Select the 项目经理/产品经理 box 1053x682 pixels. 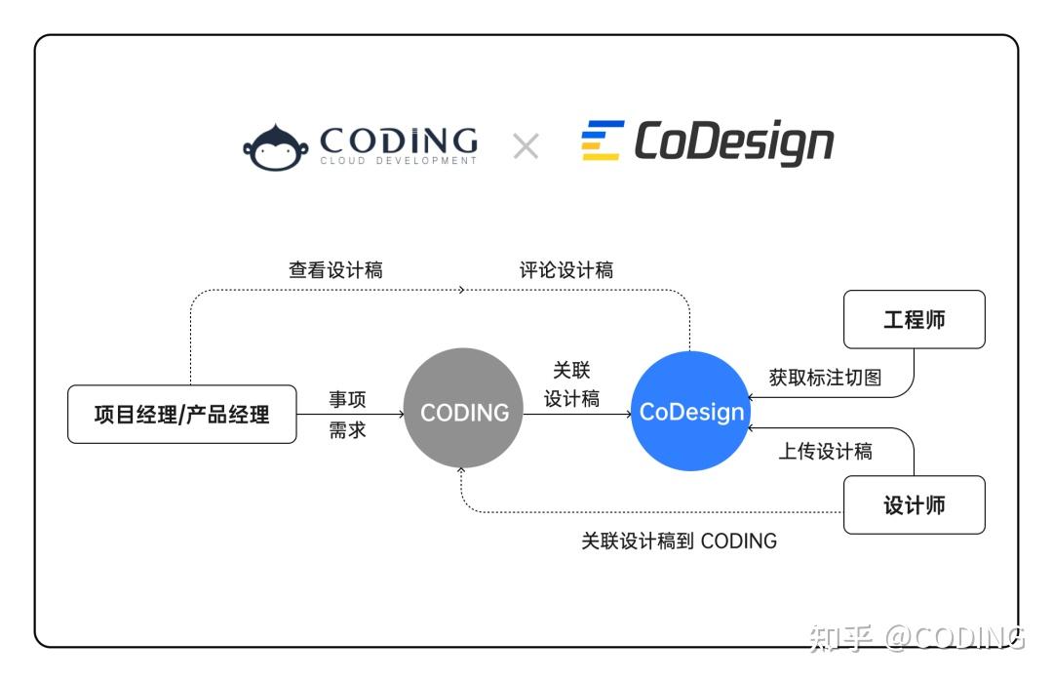click(182, 415)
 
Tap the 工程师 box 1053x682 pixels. click(914, 319)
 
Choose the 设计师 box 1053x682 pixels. click(914, 505)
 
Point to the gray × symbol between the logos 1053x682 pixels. click(526, 146)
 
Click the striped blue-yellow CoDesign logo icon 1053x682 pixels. click(602, 140)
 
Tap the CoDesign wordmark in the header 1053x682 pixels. click(733, 142)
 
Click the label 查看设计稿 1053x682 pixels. click(335, 270)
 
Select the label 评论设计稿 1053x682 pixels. click(566, 270)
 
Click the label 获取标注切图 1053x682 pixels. click(825, 378)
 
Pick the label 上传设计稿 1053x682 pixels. click(825, 451)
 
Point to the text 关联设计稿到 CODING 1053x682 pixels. click(679, 541)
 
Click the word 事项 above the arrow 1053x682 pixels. click(347, 399)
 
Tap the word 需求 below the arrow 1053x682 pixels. click(347, 430)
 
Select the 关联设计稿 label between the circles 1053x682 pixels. click(571, 384)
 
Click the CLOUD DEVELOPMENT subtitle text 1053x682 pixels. click(398, 161)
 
